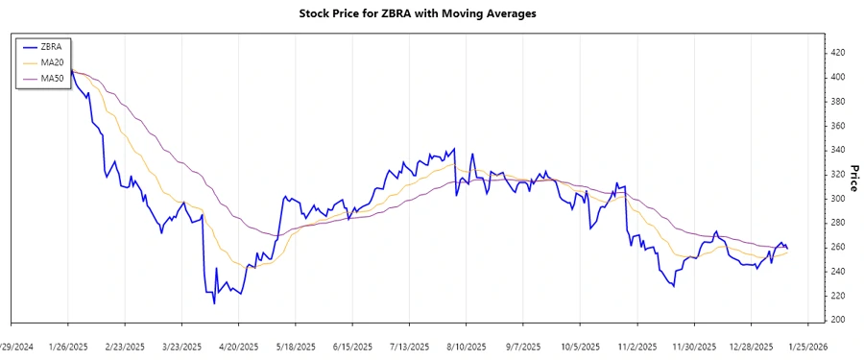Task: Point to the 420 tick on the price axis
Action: tap(838, 52)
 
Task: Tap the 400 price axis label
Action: tap(838, 77)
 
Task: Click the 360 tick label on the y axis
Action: tap(838, 126)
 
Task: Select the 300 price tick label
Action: tap(838, 199)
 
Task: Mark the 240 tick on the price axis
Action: tap(838, 272)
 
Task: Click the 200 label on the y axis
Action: tap(838, 320)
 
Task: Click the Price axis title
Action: tap(852, 178)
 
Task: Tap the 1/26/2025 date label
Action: tap(68, 346)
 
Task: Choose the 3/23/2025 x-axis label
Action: tap(181, 346)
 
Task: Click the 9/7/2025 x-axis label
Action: tap(523, 346)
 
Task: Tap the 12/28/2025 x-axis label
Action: tap(752, 346)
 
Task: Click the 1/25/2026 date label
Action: tap(807, 346)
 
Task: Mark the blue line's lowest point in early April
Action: tap(214, 303)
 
